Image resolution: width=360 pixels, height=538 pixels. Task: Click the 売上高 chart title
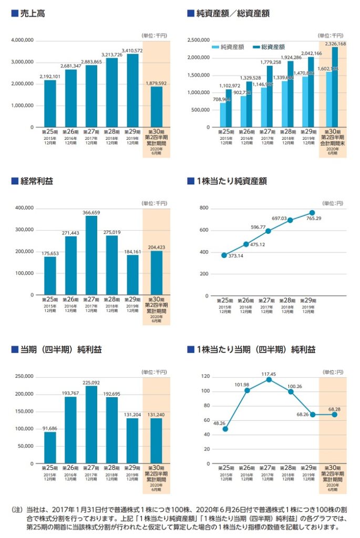[x=32, y=14]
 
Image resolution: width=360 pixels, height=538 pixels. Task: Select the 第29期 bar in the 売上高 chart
[x=132, y=90]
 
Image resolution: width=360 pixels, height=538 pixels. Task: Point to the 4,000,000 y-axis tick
[x=23, y=40]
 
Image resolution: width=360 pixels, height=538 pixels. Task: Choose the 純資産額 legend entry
[x=228, y=47]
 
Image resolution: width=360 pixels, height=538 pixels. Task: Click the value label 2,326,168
[x=335, y=44]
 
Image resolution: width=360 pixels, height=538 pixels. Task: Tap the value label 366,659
[x=91, y=213]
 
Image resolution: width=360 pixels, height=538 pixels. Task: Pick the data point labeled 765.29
[x=312, y=213]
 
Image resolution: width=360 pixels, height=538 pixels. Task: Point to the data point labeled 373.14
[x=224, y=255]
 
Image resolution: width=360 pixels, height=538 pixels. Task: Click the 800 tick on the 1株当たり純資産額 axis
[x=204, y=209]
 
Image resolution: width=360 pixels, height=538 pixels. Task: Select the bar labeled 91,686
[x=50, y=448]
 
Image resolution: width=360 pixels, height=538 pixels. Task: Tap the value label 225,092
[x=91, y=382]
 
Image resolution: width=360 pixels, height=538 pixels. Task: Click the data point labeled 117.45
[x=269, y=379]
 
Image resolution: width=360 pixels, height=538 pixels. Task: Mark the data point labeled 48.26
[x=225, y=429]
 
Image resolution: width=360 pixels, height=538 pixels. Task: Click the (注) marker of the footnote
[x=17, y=510]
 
